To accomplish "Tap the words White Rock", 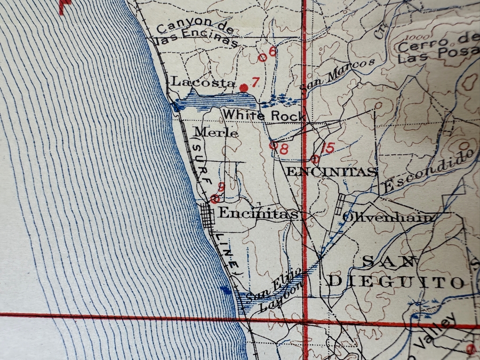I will [263, 115].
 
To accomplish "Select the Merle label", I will [216, 133].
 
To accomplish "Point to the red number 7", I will [255, 82].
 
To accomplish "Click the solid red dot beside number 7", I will [244, 87].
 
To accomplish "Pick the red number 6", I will [273, 52].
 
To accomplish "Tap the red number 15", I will [329, 148].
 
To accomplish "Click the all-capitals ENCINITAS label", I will [332, 172].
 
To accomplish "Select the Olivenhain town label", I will [389, 217].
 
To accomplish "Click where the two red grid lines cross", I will [305, 321].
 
